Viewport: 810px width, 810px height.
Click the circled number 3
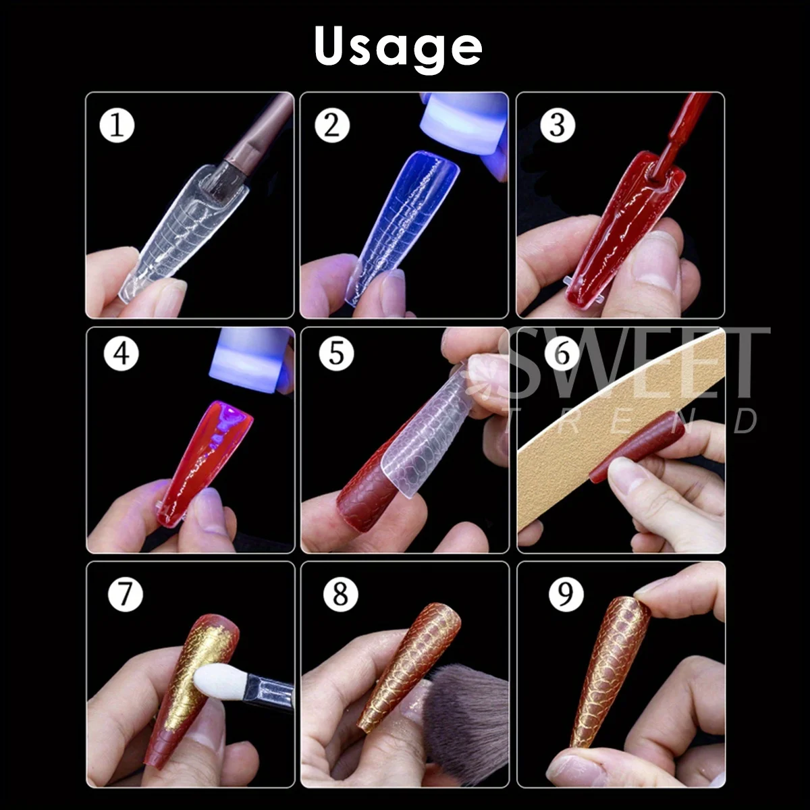coord(558,125)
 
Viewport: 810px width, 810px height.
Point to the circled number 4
coord(122,353)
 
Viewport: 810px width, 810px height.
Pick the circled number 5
coord(336,353)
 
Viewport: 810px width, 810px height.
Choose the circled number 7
coord(126,594)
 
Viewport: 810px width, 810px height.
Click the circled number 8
coord(340,594)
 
